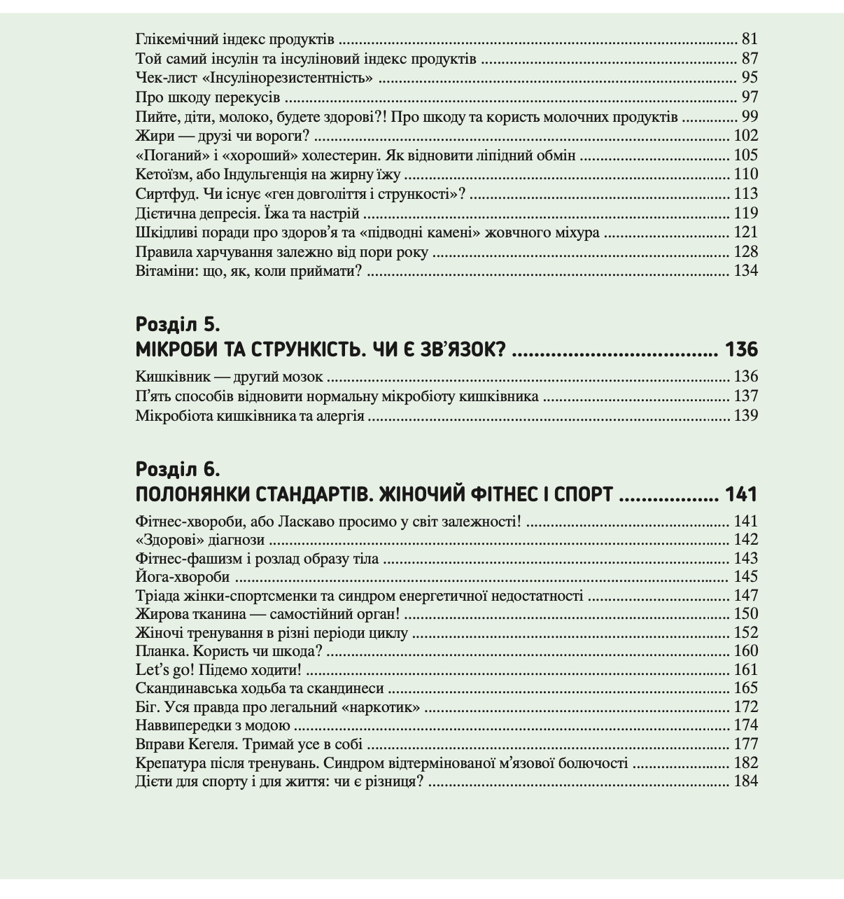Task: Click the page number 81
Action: (750, 39)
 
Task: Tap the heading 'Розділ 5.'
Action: (178, 324)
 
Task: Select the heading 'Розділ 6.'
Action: (178, 469)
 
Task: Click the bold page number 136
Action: (741, 349)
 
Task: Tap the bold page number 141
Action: (741, 494)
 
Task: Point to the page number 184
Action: (745, 781)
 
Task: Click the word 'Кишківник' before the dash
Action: (171, 377)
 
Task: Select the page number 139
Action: (745, 416)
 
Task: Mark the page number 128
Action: (745, 252)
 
